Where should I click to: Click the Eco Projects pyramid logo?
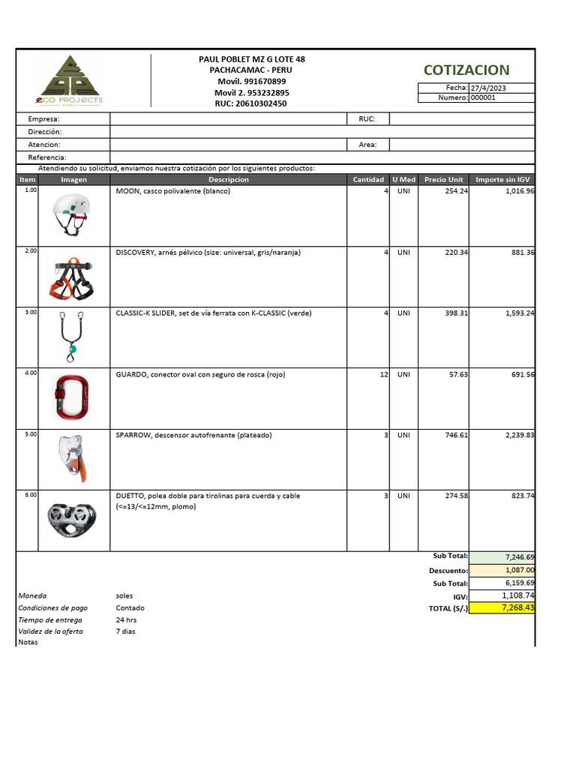[x=69, y=77]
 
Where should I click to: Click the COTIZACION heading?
[x=466, y=70]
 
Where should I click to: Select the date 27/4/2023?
[x=488, y=88]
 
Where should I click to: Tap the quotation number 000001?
[x=482, y=97]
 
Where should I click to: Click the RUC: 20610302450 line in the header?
[x=250, y=103]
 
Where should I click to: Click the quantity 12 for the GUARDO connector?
[x=383, y=373]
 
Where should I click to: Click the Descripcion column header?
[x=229, y=180]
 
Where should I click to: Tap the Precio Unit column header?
[x=443, y=180]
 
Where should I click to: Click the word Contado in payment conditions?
[x=130, y=607]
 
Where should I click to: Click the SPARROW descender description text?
[x=193, y=435]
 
